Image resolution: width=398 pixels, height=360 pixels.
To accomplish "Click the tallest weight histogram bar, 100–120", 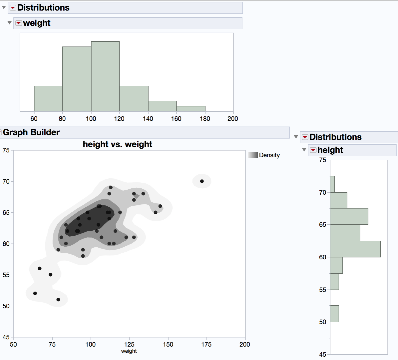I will click(x=105, y=76).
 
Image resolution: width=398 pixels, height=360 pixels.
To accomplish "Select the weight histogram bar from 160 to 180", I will click(x=191, y=109).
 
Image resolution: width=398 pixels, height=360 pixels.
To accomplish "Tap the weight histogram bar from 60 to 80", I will click(x=48, y=99).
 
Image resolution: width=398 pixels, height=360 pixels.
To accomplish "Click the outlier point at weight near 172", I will click(x=202, y=181).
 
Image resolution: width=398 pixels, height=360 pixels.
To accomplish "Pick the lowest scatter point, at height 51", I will click(x=58, y=300).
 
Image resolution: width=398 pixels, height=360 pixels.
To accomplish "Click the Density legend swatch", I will click(x=253, y=155).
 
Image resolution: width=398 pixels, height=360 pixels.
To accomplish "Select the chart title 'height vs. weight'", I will click(x=117, y=144).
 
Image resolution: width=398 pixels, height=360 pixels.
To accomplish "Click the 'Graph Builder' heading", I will click(x=31, y=132).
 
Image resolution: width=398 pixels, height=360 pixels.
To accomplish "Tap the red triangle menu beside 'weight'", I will click(x=19, y=23).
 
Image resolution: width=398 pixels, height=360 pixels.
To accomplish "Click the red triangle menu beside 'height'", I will click(x=313, y=150).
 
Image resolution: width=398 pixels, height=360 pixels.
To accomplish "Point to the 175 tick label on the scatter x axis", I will click(x=206, y=344).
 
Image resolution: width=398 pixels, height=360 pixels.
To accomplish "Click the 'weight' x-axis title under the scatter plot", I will click(x=129, y=351).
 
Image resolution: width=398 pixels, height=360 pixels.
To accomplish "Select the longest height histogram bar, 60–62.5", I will click(x=355, y=249).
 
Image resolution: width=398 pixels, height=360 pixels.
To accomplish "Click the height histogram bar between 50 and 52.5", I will click(x=334, y=314).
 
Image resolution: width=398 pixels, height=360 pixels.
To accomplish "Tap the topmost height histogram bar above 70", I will click(x=332, y=184).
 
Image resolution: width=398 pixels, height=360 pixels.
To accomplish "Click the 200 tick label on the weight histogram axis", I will click(x=233, y=119).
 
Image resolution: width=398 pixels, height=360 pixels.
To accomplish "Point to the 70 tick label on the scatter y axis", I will click(x=6, y=181).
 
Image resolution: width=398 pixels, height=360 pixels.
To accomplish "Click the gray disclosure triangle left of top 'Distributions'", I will click(x=4, y=7).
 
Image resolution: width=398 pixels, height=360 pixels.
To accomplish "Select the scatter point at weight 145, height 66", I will click(x=160, y=206).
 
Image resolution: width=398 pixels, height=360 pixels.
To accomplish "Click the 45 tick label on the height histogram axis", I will click(x=322, y=354).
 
